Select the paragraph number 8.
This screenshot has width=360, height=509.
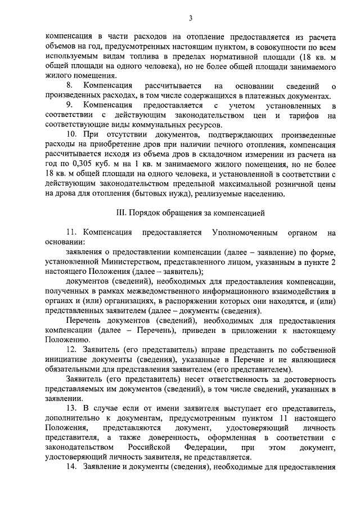point(70,86)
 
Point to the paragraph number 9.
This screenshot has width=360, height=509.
point(70,106)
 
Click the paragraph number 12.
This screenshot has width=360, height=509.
point(71,350)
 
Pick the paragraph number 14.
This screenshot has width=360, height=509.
point(71,468)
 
